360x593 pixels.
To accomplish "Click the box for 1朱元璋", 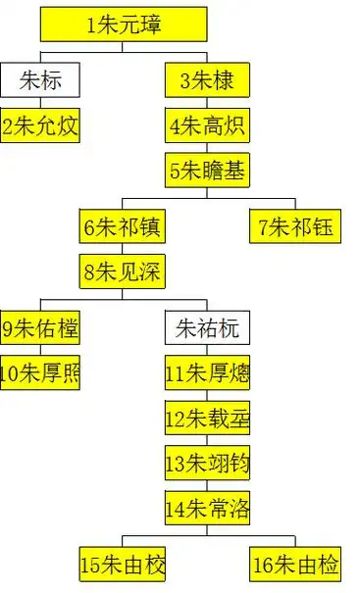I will pos(124,24).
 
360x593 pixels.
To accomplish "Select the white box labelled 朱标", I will pos(40,78).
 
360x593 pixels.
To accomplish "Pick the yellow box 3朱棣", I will pos(207,78).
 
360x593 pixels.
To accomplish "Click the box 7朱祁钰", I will pos(292,227).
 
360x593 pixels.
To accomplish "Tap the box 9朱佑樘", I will pos(40,326).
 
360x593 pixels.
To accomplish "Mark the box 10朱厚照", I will pos(40,371).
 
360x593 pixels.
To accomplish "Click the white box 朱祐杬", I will pos(207,326).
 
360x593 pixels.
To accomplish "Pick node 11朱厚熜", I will pos(207,371).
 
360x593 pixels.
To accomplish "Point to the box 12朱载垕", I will pos(207,418).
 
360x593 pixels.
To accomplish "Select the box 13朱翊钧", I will pos(207,463).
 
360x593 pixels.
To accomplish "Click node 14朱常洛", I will pos(207,508).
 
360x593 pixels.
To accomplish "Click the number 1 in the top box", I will pos(91,25).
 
